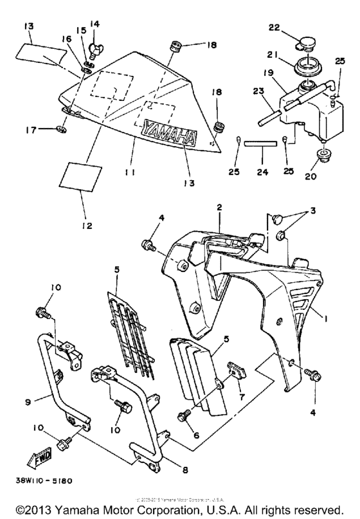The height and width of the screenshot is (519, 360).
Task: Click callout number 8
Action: (x=186, y=470)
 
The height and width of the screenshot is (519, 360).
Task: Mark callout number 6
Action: (x=197, y=435)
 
